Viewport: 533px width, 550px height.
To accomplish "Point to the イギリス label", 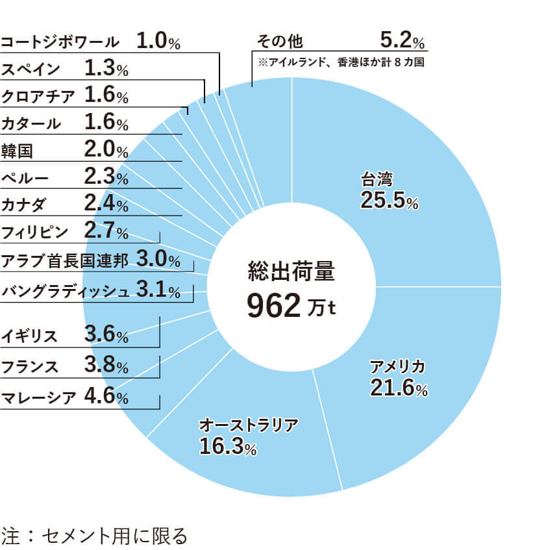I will click(x=29, y=336).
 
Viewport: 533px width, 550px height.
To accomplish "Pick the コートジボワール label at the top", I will click(x=60, y=42).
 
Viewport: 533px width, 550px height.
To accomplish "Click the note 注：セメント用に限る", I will click(x=94, y=536).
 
